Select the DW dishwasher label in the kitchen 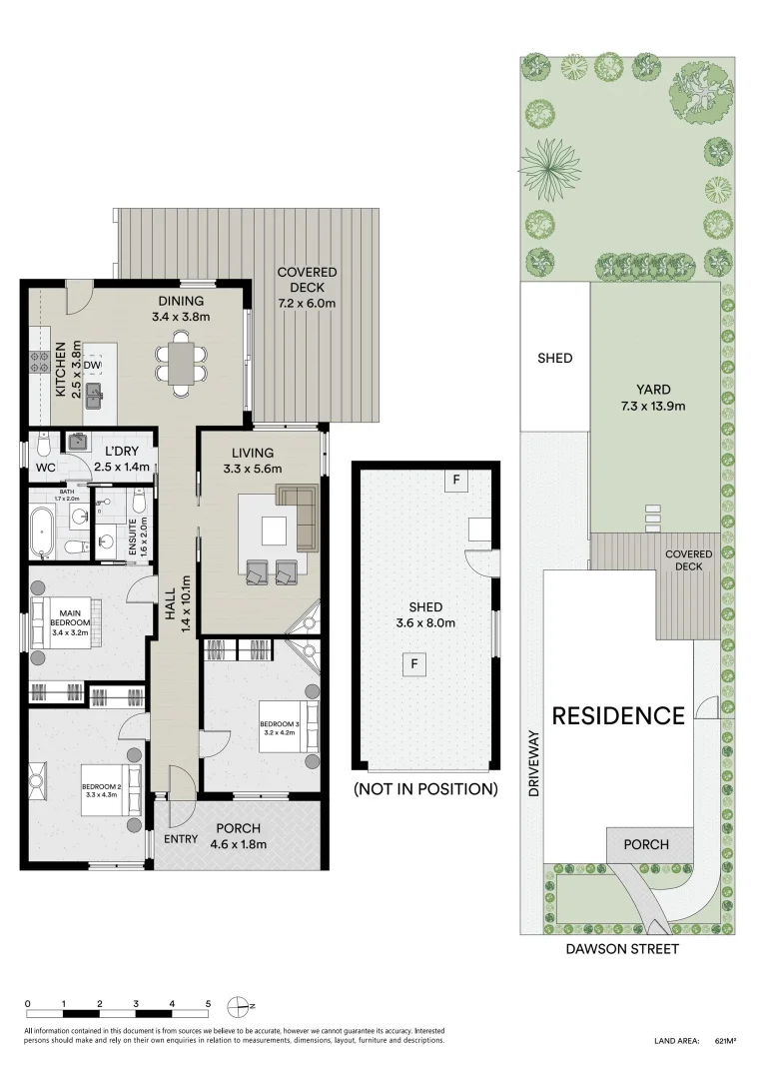[x=92, y=366]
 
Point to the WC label [x=45, y=467]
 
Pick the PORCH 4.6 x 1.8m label [x=238, y=835]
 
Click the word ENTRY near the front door [x=181, y=839]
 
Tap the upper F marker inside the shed [x=455, y=481]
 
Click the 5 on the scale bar [x=208, y=1003]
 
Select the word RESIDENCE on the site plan [x=618, y=716]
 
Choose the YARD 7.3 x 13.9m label [x=654, y=398]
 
